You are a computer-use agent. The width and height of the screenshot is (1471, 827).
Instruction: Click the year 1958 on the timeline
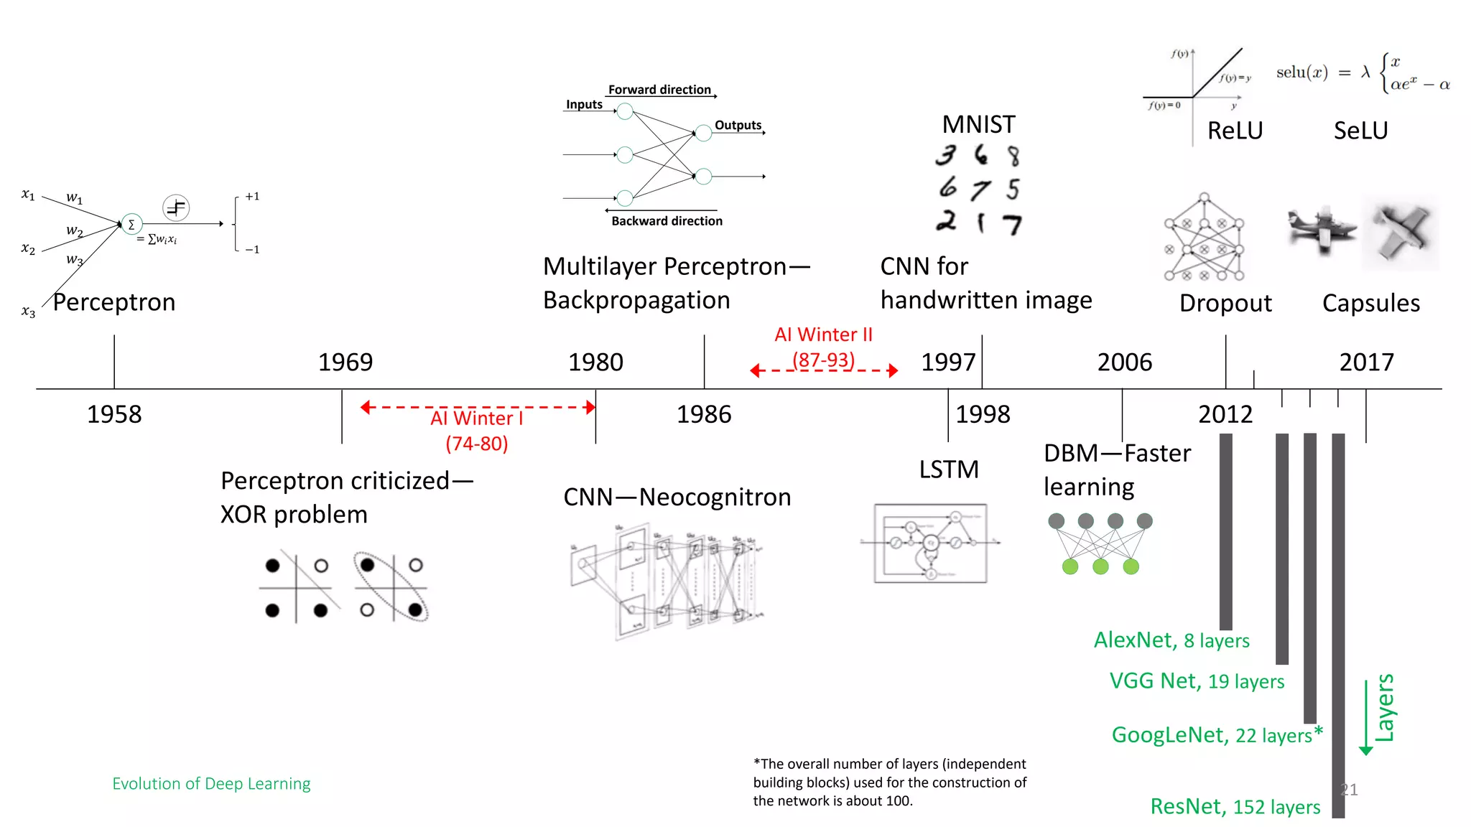click(x=114, y=414)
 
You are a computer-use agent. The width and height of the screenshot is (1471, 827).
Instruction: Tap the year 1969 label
click(x=345, y=362)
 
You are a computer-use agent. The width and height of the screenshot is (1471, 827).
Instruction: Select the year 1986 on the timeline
click(x=704, y=414)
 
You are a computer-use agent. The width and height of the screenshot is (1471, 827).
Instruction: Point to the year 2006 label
click(x=1124, y=362)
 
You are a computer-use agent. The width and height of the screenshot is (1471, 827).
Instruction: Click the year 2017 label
click(x=1366, y=362)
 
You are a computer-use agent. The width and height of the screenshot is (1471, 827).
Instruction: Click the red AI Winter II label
click(x=823, y=335)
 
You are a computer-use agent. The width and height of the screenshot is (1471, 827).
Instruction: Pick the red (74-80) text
click(x=476, y=444)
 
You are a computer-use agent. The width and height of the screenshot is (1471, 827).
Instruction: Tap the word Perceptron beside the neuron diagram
click(x=114, y=302)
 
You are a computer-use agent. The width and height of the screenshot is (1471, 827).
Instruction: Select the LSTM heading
click(x=949, y=469)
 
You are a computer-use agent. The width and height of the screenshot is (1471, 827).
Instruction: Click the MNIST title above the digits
click(x=978, y=125)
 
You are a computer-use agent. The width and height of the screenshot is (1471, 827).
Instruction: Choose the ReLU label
click(x=1235, y=131)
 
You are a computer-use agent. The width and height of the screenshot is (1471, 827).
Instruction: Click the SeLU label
click(x=1360, y=131)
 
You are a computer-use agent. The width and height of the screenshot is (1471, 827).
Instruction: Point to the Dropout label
click(x=1225, y=303)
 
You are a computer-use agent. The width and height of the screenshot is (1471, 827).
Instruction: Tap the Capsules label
click(x=1370, y=303)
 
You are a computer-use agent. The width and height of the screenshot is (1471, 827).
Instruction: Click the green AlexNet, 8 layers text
click(x=1171, y=640)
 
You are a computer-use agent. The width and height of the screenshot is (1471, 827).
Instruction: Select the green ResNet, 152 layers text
click(x=1235, y=807)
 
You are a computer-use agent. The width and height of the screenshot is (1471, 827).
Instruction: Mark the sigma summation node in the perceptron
click(x=131, y=225)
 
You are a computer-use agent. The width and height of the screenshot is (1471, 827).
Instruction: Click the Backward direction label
click(x=667, y=221)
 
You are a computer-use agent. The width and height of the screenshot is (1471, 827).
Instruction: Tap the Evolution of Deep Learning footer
click(x=211, y=784)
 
